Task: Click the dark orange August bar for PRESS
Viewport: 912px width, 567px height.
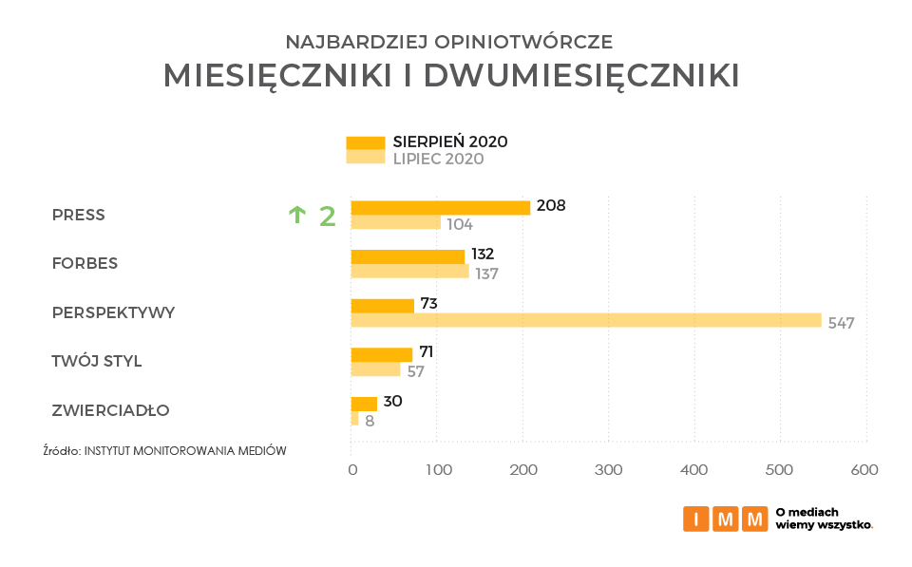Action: (440, 207)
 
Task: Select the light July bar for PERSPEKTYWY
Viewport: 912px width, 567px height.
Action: (585, 320)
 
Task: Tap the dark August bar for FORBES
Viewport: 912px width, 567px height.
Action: (408, 256)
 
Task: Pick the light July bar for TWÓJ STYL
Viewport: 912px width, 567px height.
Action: (375, 369)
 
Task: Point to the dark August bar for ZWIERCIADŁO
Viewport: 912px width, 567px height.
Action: (364, 404)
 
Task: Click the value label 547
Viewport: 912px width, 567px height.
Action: (841, 323)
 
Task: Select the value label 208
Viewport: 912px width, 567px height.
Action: (551, 205)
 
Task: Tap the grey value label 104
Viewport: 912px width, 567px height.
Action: (460, 224)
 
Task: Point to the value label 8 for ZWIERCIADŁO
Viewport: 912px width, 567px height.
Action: (370, 420)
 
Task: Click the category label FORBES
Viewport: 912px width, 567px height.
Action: (85, 263)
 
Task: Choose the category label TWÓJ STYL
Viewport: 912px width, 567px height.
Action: (96, 361)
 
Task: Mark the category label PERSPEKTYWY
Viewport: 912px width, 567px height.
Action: (113, 312)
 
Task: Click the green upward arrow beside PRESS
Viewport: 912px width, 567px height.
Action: (296, 216)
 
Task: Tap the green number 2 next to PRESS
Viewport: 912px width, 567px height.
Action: (327, 217)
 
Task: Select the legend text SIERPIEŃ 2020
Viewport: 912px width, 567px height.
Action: (450, 142)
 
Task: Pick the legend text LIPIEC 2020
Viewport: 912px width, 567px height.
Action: (438, 159)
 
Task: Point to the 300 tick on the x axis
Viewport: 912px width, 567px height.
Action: (608, 470)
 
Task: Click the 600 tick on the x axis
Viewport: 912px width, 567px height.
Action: (864, 470)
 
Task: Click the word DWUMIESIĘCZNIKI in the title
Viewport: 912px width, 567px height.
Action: (580, 76)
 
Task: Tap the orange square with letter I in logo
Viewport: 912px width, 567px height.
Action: (696, 519)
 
